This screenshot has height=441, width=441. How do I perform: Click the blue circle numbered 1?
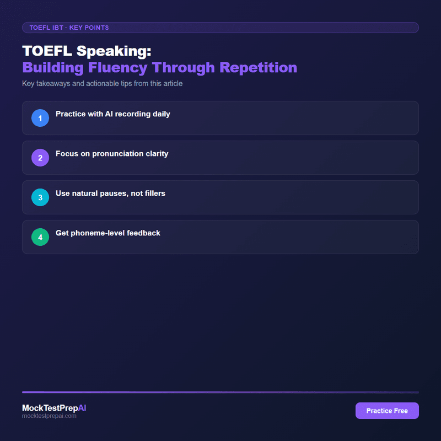point(40,118)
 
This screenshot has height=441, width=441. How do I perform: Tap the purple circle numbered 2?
point(40,158)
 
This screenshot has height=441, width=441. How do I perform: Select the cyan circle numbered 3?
point(40,197)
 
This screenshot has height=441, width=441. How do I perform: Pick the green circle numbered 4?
point(40,237)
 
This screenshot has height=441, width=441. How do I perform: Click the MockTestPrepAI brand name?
point(54,408)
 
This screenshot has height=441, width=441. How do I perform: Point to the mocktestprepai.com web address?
point(49,416)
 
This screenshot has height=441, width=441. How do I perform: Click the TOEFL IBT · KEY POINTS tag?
point(69,28)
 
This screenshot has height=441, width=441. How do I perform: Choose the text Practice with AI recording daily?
point(112,114)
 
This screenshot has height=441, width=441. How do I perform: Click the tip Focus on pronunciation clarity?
point(112,154)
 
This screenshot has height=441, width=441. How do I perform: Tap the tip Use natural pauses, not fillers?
point(110,193)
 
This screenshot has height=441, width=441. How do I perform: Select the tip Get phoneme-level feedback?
point(108,233)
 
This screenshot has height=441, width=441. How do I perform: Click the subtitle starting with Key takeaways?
point(102,84)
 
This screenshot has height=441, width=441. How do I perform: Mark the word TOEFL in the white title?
point(47,51)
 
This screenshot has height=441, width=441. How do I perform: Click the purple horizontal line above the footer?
point(220,392)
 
